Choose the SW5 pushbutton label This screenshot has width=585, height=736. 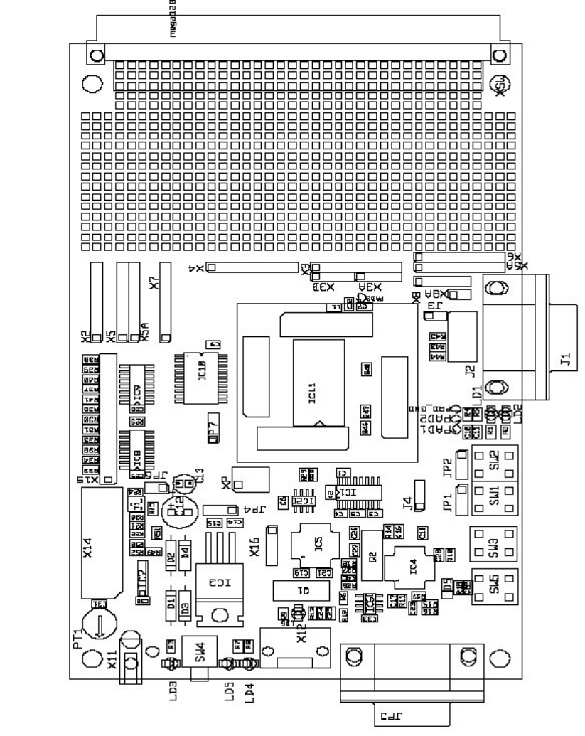(x=495, y=585)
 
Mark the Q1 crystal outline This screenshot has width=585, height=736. (x=301, y=590)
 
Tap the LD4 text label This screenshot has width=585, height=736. (x=248, y=691)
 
